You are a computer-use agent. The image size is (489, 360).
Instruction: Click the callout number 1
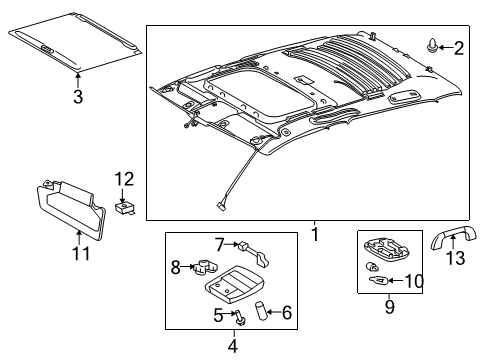click(314, 235)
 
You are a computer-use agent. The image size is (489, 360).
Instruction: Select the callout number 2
click(459, 47)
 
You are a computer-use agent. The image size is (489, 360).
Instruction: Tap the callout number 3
click(77, 96)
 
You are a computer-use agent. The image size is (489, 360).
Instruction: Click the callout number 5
click(216, 316)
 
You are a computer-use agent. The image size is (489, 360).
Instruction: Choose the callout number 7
click(218, 243)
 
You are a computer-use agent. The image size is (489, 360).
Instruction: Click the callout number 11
click(81, 254)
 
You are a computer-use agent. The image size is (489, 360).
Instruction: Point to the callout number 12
click(123, 179)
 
